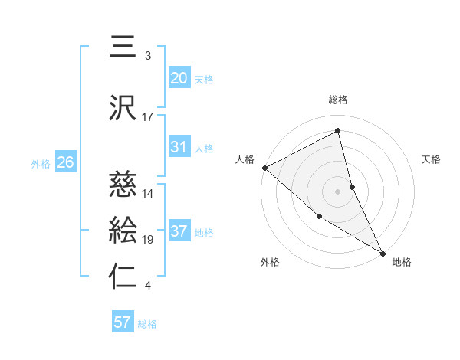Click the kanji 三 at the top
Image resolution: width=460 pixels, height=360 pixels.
[123, 48]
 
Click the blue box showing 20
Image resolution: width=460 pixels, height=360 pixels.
[179, 78]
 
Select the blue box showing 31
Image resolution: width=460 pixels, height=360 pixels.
[179, 147]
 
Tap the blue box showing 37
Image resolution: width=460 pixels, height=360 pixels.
[179, 231]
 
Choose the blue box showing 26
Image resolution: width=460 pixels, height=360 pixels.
[65, 162]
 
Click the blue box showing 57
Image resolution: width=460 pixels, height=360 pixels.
[123, 322]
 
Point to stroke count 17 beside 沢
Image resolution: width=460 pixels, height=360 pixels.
[148, 117]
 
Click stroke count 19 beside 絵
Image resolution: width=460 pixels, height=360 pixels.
[148, 240]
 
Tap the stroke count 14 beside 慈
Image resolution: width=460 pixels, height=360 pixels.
[148, 194]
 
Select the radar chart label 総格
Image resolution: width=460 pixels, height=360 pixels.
[338, 100]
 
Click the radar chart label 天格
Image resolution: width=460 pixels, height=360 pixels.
[432, 159]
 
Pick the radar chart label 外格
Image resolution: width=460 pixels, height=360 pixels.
[270, 262]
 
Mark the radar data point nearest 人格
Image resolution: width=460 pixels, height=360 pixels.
[264, 168]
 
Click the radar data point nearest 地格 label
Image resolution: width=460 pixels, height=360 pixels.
[382, 251]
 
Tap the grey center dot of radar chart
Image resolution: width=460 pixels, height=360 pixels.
[337, 191]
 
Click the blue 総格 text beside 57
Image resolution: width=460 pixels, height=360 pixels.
[147, 324]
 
